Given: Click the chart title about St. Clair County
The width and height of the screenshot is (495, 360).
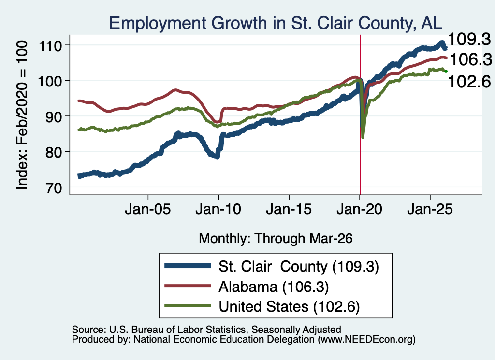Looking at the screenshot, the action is click(x=276, y=23).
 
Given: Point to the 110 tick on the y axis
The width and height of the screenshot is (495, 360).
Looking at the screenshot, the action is click(x=50, y=46).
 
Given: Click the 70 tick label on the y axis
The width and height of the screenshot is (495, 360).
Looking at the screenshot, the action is click(x=54, y=187).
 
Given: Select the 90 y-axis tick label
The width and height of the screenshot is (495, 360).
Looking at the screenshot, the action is click(x=54, y=117).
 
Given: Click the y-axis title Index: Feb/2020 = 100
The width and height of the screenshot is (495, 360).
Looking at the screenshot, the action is click(x=22, y=115).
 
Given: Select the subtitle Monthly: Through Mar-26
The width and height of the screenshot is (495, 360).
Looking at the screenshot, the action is click(x=276, y=239).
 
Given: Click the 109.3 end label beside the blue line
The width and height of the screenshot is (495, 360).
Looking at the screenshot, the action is click(x=469, y=40).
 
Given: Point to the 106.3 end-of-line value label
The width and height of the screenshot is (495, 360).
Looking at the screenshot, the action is click(x=471, y=59).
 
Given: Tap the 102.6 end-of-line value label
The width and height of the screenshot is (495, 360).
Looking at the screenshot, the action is click(x=469, y=82).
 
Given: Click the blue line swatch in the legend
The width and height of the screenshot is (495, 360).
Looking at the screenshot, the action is click(x=188, y=266).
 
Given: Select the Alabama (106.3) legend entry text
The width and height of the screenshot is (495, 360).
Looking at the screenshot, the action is click(x=274, y=287).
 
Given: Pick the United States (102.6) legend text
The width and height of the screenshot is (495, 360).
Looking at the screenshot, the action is click(x=289, y=307).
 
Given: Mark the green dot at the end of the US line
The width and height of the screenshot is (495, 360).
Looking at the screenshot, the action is click(x=446, y=72).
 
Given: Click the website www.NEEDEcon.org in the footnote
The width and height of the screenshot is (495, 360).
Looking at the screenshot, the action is click(x=366, y=340).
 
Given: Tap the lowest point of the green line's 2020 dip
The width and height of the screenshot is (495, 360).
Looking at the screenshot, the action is click(x=363, y=138).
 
